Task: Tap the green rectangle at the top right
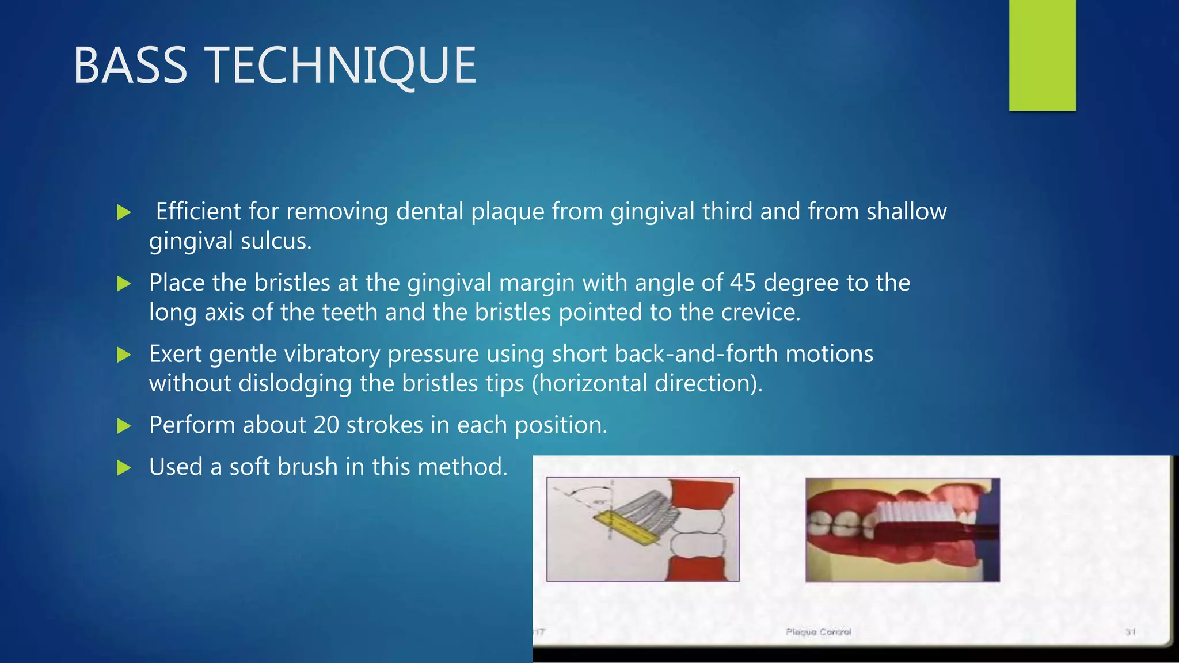coord(1042,55)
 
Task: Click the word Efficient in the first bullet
coord(198,211)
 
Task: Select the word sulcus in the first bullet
coord(276,241)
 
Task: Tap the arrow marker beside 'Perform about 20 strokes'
coord(124,426)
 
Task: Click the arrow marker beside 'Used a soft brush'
coord(124,467)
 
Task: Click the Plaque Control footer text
coord(818,632)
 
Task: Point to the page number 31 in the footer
coord(1130,632)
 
